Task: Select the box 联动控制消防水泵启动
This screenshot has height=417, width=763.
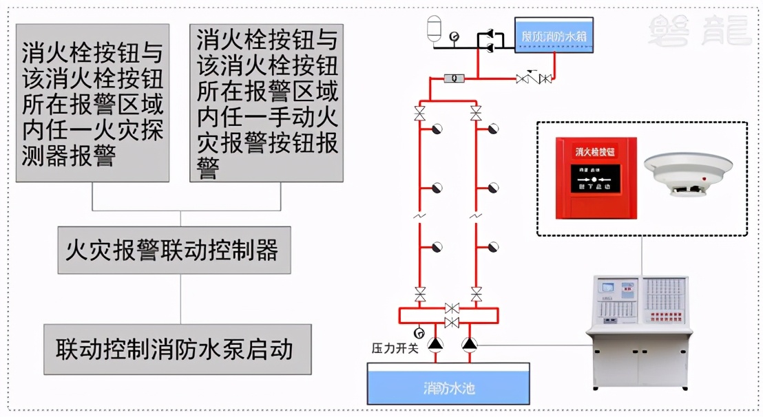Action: [175, 349]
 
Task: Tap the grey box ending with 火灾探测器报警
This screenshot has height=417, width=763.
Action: [92, 103]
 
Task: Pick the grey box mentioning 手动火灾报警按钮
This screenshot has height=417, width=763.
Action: [266, 103]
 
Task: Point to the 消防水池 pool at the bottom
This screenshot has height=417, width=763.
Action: [449, 385]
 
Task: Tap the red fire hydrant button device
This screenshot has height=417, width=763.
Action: [596, 178]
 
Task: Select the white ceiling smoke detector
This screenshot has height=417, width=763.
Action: [687, 175]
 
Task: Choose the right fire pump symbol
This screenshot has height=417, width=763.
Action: [470, 342]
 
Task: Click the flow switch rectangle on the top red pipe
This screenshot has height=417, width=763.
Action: [454, 78]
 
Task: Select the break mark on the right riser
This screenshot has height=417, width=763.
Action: [476, 216]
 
